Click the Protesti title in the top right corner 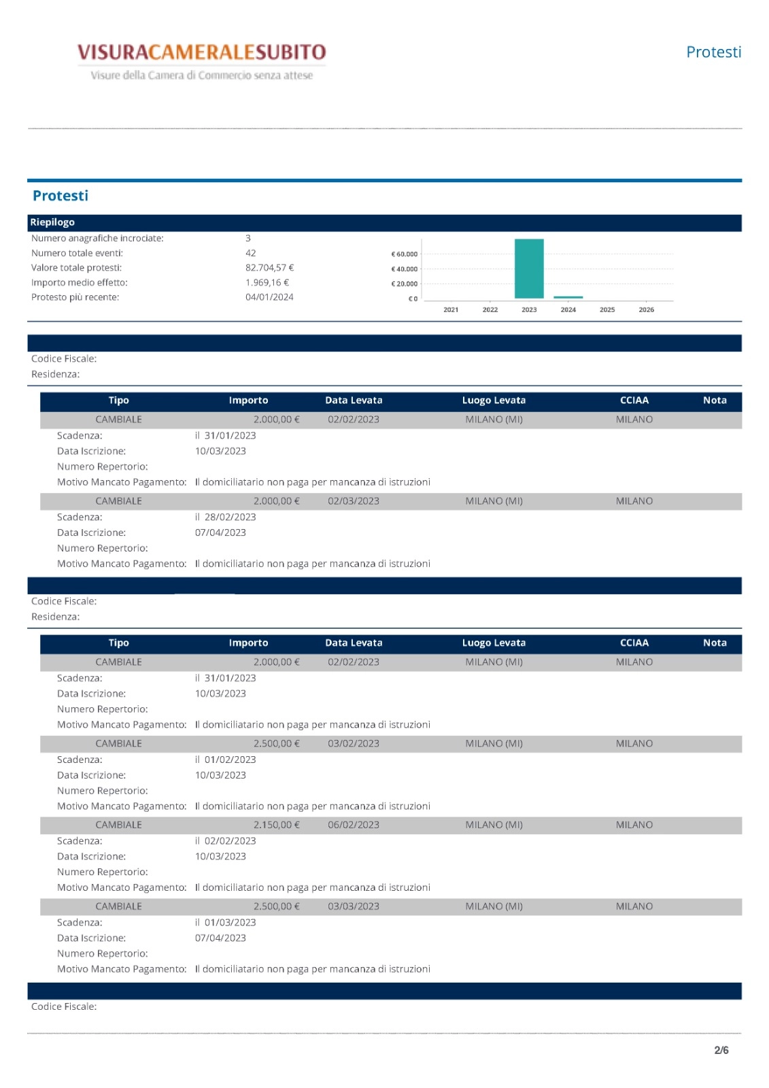[713, 52]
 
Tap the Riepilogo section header [52, 222]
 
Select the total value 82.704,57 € [269, 268]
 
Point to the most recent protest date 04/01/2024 [269, 297]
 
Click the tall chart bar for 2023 [529, 269]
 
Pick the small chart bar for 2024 [568, 297]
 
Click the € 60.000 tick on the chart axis [405, 254]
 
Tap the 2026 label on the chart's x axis [646, 310]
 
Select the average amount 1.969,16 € [267, 283]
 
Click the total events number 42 [251, 253]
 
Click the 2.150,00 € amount [276, 825]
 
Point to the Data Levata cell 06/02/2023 [354, 825]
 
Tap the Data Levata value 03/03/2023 [354, 906]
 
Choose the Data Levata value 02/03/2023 [354, 501]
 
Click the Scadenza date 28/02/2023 [230, 517]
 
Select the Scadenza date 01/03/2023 [230, 923]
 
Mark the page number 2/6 [721, 1051]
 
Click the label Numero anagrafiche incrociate [97, 239]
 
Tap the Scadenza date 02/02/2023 [230, 841]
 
